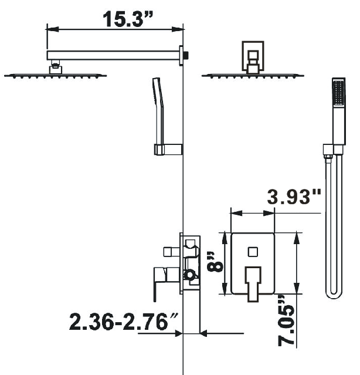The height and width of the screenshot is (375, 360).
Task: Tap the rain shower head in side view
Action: click(x=56, y=75)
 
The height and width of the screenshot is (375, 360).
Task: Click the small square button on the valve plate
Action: click(x=253, y=252)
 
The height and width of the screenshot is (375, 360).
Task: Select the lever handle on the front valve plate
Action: click(x=253, y=282)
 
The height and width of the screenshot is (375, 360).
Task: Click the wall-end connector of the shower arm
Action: click(x=185, y=55)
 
